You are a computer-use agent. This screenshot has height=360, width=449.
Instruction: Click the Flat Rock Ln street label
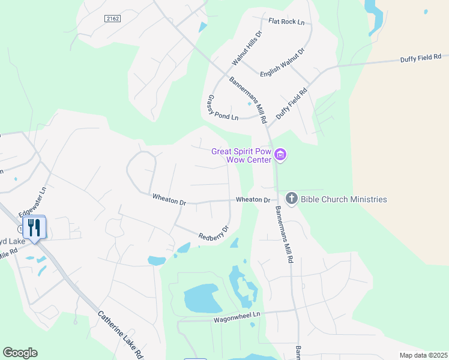286,22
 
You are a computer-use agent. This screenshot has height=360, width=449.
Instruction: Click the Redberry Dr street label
214,233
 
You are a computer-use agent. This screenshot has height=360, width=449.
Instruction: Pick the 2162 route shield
112,19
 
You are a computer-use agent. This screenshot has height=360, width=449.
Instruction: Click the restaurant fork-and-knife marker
34,228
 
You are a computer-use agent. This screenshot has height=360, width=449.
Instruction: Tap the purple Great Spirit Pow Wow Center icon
280,155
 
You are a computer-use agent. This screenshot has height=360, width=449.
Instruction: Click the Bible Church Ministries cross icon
292,199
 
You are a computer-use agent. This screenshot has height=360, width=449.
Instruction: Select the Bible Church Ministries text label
345,199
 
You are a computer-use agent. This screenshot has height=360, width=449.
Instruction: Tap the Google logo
20,353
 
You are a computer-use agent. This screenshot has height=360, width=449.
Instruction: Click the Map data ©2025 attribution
423,355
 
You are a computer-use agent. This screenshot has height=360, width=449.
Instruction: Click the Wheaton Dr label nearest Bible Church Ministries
253,199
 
